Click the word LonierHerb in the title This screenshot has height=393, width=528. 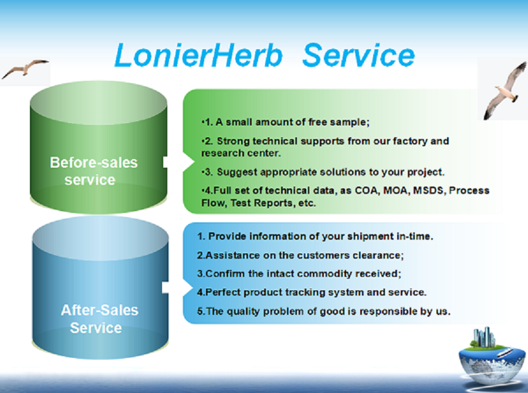(x=198, y=55)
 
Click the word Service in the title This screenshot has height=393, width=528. (x=359, y=55)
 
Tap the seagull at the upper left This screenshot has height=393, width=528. (x=25, y=69)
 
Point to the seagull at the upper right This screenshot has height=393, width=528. (x=506, y=90)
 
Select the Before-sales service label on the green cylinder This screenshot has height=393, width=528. (x=94, y=171)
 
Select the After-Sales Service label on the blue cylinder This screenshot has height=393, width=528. (x=99, y=319)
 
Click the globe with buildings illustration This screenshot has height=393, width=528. (x=492, y=358)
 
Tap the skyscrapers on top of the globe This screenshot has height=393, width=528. (x=484, y=337)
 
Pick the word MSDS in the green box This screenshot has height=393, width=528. (x=428, y=191)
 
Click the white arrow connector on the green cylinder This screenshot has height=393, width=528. (x=178, y=162)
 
